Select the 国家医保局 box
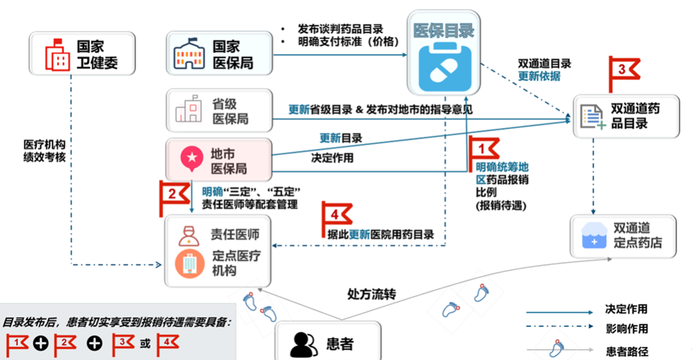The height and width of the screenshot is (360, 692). point(219,55)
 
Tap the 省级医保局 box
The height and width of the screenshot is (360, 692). point(219,111)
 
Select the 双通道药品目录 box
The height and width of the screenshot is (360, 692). point(626,116)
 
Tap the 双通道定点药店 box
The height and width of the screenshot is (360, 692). point(623,236)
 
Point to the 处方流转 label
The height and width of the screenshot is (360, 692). point(372,295)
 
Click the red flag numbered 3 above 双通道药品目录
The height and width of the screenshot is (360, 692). point(622,70)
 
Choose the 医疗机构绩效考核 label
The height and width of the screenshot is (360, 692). point(45,151)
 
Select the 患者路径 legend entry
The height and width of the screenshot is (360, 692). point(626,351)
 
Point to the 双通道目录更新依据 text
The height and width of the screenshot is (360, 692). point(544,70)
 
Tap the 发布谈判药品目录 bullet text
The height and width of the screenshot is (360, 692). point(340,29)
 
